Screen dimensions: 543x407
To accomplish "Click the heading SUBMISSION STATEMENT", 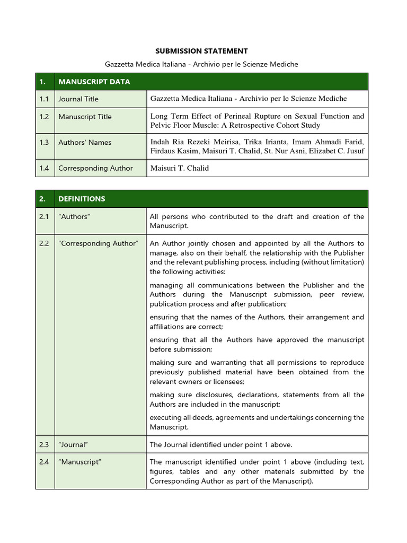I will click(201, 51).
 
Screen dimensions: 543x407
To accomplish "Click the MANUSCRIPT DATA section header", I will click(94, 82).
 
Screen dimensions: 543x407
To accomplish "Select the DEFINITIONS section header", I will click(82, 199).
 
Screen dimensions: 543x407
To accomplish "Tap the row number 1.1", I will click(44, 99).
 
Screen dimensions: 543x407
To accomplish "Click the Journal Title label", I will click(78, 99).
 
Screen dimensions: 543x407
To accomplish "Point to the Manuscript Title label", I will click(85, 117).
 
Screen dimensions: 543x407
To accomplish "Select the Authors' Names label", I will click(85, 142).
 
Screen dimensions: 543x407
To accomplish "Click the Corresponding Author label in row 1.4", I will click(95, 168).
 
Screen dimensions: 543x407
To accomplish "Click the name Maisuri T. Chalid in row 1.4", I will click(180, 168).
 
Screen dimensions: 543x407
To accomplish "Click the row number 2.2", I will click(44, 243).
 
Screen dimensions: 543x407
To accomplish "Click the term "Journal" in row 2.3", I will click(73, 444).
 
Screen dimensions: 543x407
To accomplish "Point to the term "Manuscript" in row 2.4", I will click(79, 462).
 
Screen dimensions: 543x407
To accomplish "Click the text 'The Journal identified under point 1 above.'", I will click(221, 444).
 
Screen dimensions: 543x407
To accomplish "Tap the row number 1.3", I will click(44, 142).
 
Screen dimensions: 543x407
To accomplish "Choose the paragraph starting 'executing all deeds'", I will click(257, 422).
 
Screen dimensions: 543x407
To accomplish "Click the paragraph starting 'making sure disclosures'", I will click(257, 399).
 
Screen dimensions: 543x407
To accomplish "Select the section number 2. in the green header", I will click(42, 199).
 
